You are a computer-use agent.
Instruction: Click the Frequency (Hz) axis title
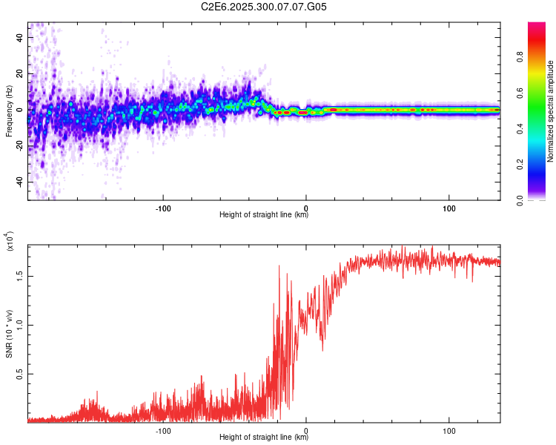pyautogui.click(x=9, y=111)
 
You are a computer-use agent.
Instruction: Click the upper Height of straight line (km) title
pyautogui.click(x=264, y=215)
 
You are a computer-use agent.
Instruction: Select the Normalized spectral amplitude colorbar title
pyautogui.click(x=550, y=111)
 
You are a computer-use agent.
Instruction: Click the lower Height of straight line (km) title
pyautogui.click(x=264, y=438)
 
